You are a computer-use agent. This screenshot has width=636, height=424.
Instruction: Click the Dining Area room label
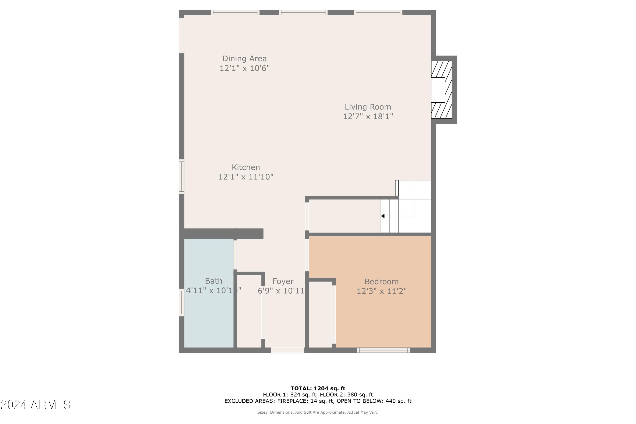tap(244, 59)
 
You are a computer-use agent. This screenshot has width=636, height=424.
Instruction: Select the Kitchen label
tap(245, 167)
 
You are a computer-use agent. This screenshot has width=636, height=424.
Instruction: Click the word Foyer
tap(283, 282)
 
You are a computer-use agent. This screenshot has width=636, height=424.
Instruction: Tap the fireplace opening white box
tap(438, 90)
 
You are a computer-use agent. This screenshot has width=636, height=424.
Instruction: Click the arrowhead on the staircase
tap(383, 216)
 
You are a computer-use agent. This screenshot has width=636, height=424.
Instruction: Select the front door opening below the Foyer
tap(287, 350)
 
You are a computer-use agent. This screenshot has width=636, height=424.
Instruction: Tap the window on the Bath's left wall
tap(182, 302)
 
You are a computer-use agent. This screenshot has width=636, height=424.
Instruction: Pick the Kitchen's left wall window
tap(182, 177)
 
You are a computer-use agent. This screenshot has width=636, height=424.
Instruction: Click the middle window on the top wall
tap(303, 13)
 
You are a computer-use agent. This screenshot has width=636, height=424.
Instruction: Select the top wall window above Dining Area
tap(235, 13)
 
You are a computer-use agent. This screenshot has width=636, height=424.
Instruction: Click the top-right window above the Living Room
tap(378, 13)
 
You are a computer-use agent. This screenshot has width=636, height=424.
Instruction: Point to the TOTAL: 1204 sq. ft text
tap(318, 389)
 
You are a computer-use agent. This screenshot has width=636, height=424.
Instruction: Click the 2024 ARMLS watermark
tap(35, 405)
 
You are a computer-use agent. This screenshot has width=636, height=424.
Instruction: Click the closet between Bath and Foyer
tap(249, 311)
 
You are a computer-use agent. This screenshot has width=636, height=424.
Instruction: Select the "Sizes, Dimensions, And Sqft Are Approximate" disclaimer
tap(318, 412)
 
